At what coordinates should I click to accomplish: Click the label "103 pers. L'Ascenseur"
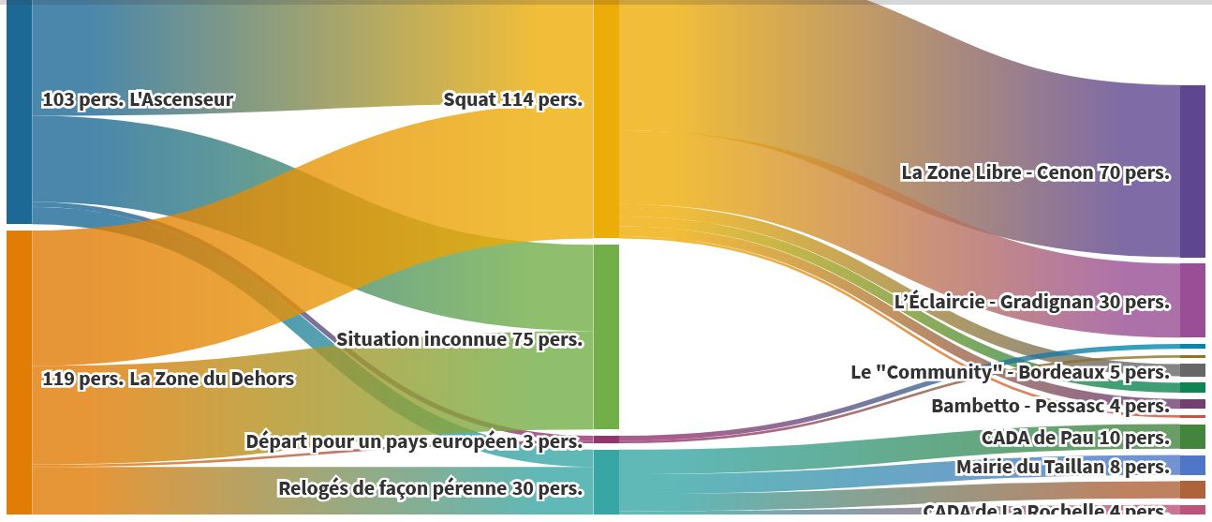pyautogui.click(x=138, y=99)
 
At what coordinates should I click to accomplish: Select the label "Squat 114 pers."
pyautogui.click(x=512, y=99)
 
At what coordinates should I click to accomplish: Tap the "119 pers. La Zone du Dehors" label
pyautogui.click(x=168, y=379)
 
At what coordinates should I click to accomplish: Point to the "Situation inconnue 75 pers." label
pyautogui.click(x=459, y=339)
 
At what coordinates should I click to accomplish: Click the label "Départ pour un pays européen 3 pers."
pyautogui.click(x=413, y=441)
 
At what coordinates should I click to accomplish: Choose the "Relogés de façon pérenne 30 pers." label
pyautogui.click(x=430, y=488)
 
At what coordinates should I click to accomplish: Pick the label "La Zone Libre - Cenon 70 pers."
pyautogui.click(x=1035, y=172)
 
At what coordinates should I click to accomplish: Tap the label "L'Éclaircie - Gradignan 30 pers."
pyautogui.click(x=1031, y=302)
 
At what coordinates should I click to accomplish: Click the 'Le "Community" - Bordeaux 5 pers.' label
pyautogui.click(x=1010, y=372)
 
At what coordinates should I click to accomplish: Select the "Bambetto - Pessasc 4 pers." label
pyautogui.click(x=1050, y=406)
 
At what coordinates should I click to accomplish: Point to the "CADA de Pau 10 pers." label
pyautogui.click(x=1075, y=438)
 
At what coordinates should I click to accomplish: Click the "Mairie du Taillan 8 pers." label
pyautogui.click(x=1063, y=467)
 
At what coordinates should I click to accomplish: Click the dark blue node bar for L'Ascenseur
pyautogui.click(x=19, y=112)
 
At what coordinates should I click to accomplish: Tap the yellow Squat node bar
pyautogui.click(x=606, y=120)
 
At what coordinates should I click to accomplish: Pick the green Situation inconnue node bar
pyautogui.click(x=606, y=336)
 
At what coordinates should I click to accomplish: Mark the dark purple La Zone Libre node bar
pyautogui.click(x=1192, y=172)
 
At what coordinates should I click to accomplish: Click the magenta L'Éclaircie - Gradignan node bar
pyautogui.click(x=1192, y=300)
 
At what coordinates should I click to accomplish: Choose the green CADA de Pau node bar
pyautogui.click(x=1192, y=437)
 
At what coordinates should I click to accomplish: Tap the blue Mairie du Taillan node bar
pyautogui.click(x=1192, y=466)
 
